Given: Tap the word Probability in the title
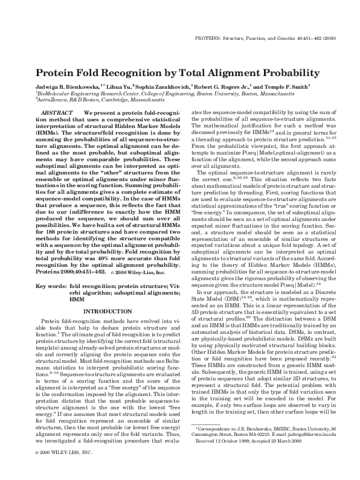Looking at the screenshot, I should [288, 73].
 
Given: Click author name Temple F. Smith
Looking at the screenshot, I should [288, 88].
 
